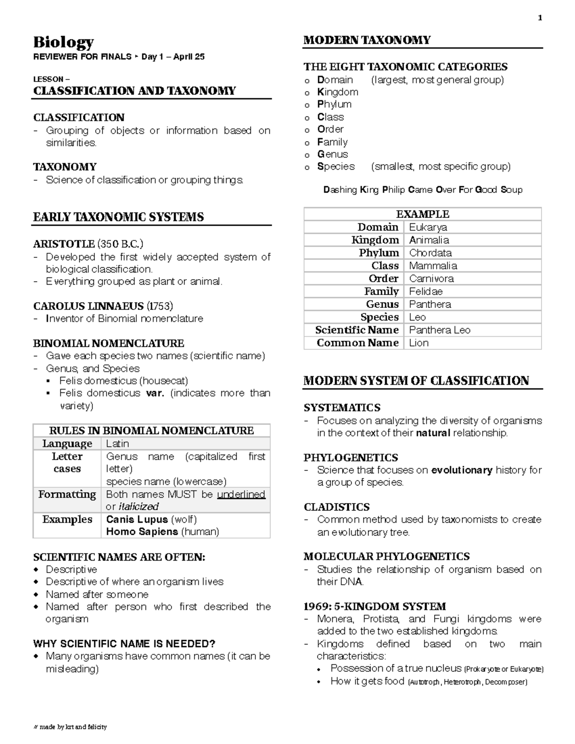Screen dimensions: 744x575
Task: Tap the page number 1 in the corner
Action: point(540,18)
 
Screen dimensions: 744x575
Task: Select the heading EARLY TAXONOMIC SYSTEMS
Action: point(118,217)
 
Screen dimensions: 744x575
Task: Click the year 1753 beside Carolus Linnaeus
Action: point(160,306)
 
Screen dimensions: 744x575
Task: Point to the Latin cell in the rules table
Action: point(117,444)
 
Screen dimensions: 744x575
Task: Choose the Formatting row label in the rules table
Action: point(67,494)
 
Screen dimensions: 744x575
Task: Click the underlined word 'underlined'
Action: point(241,494)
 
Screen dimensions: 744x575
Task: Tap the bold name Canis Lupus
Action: point(137,519)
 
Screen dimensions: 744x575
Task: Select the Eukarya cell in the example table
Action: point(428,227)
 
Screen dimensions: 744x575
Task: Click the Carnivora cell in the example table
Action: point(431,278)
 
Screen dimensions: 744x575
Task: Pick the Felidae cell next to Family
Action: point(426,291)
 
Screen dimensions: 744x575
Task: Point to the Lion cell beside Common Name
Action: point(419,343)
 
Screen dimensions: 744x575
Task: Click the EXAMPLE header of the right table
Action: point(423,214)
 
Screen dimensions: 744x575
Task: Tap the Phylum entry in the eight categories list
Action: point(334,104)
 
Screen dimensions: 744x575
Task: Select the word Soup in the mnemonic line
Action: point(511,190)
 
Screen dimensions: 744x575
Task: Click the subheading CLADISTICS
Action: point(336,507)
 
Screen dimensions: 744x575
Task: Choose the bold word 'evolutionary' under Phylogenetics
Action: point(461,470)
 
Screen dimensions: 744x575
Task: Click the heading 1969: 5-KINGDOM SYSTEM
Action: point(375,606)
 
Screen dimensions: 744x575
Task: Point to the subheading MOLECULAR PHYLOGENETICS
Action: point(386,556)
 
